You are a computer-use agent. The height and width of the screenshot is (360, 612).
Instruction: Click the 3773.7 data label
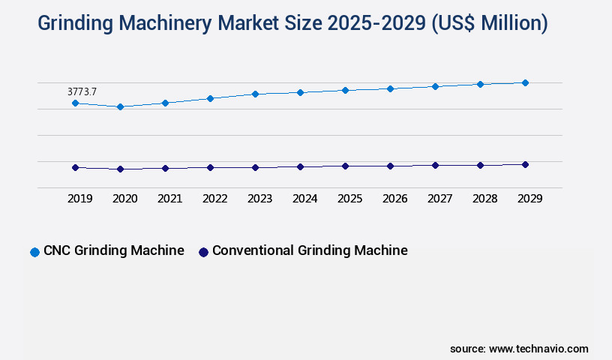pos(82,91)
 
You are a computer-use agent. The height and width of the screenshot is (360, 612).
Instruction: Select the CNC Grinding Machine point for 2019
pos(75,103)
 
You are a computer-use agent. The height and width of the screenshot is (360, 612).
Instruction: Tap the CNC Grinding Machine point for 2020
pos(120,106)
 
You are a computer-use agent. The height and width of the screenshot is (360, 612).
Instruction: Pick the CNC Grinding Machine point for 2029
pos(525,82)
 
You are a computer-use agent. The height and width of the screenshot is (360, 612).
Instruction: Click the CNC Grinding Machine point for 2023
pos(255,94)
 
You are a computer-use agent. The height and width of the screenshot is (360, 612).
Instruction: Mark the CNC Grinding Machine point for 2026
pos(390,88)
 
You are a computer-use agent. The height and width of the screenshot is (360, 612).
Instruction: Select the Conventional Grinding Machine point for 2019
pos(75,167)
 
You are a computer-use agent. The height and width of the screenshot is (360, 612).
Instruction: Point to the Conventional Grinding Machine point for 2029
pos(525,164)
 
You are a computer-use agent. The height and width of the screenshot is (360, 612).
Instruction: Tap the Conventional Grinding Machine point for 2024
pos(300,166)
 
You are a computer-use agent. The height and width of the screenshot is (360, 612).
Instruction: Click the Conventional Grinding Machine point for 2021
pos(165,168)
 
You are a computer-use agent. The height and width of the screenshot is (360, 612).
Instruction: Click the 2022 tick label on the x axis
pos(214,199)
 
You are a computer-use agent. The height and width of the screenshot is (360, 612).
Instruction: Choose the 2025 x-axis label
pos(349,199)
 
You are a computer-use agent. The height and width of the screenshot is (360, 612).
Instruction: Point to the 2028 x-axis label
pos(484,199)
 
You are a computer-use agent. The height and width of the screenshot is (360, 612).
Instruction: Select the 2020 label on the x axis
pos(124,199)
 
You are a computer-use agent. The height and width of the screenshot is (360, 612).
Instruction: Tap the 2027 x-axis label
pos(439,199)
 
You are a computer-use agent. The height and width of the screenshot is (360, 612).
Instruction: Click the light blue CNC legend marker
pos(34,252)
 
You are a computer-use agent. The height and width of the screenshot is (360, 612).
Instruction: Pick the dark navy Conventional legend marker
pos(203,252)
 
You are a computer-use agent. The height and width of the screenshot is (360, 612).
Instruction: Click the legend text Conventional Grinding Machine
pos(310,250)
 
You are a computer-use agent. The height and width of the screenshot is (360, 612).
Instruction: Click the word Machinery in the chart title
pos(160,23)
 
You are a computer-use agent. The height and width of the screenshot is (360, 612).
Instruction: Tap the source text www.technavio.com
pos(538,349)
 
